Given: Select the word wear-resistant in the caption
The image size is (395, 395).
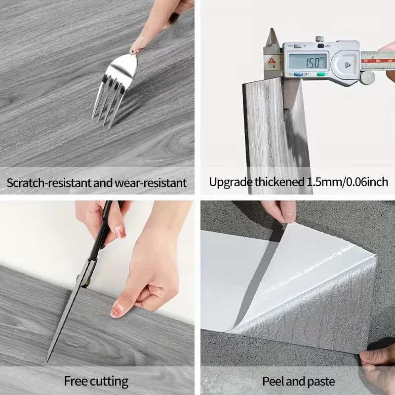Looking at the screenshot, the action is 151,183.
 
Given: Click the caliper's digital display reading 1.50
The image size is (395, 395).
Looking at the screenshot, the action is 308,61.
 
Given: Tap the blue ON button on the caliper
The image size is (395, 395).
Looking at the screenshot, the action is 298,74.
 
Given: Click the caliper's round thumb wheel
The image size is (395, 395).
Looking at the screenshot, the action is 367,78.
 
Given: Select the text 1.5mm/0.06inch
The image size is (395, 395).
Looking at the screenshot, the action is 347,182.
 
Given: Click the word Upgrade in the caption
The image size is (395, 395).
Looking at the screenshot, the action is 231,182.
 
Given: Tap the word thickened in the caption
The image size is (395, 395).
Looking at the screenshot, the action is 279,182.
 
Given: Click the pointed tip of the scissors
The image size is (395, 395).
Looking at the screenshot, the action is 47,361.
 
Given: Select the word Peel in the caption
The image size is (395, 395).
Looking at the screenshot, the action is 274,381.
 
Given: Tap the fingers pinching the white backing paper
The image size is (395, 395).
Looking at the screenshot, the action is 279,211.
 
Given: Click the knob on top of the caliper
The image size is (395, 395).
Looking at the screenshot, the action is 319,39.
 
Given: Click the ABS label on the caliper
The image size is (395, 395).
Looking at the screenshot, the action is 328,46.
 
